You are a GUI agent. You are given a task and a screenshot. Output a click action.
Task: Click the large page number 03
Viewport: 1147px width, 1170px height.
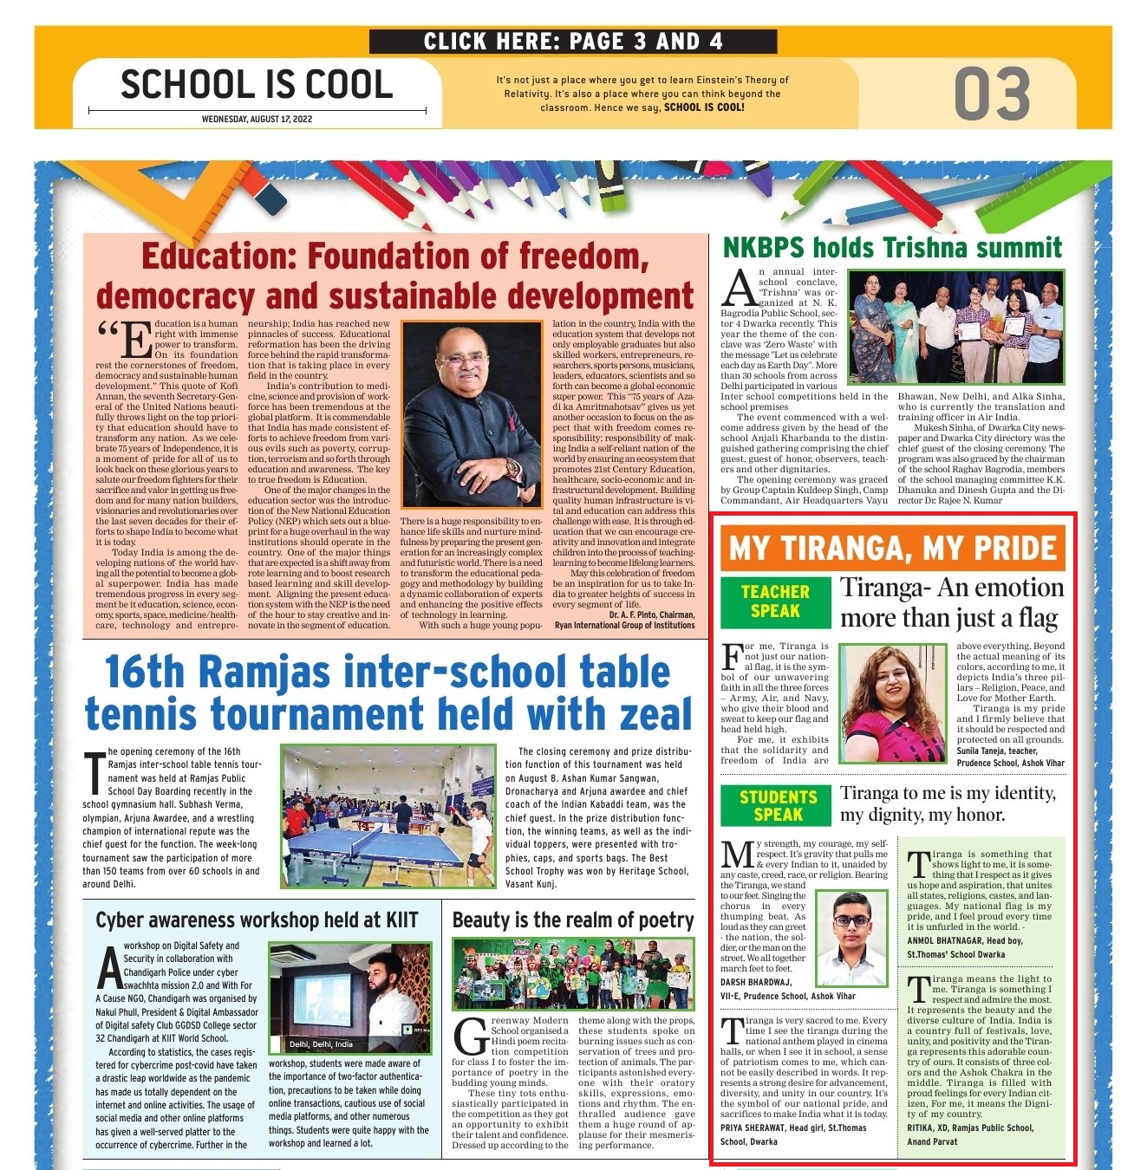pyautogui.click(x=992, y=94)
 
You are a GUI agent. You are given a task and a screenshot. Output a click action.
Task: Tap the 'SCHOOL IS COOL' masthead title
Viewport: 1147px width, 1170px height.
pyautogui.click(x=257, y=85)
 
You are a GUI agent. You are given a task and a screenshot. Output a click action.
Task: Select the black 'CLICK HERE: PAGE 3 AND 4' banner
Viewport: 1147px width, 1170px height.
pyautogui.click(x=572, y=41)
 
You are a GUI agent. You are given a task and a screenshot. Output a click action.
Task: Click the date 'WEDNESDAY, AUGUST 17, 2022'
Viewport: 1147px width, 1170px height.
pyautogui.click(x=257, y=119)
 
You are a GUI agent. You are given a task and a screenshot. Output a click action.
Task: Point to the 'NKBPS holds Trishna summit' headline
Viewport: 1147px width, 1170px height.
pyautogui.click(x=892, y=248)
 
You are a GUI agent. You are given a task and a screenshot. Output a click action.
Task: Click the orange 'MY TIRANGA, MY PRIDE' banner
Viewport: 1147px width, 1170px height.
pyautogui.click(x=892, y=549)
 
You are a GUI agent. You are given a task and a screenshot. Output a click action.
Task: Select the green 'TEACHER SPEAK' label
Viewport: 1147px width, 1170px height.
pyautogui.click(x=775, y=601)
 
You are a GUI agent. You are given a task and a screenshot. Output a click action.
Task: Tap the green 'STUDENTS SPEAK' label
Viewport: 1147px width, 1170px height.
pyautogui.click(x=778, y=806)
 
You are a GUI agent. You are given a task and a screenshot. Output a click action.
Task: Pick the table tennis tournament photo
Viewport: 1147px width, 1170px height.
pyautogui.click(x=388, y=816)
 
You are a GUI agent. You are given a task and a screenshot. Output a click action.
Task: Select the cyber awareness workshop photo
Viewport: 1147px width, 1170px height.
pyautogui.click(x=349, y=997)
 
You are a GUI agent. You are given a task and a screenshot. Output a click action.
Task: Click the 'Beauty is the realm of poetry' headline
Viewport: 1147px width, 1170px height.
pyautogui.click(x=573, y=920)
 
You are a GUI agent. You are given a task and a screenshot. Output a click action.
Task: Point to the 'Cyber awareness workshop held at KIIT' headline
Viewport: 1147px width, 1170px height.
pyautogui.click(x=257, y=920)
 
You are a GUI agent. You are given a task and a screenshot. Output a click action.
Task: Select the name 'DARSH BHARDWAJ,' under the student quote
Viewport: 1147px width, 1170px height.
pyautogui.click(x=756, y=982)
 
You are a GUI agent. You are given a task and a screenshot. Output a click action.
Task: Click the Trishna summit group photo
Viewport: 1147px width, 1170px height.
pyautogui.click(x=955, y=327)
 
